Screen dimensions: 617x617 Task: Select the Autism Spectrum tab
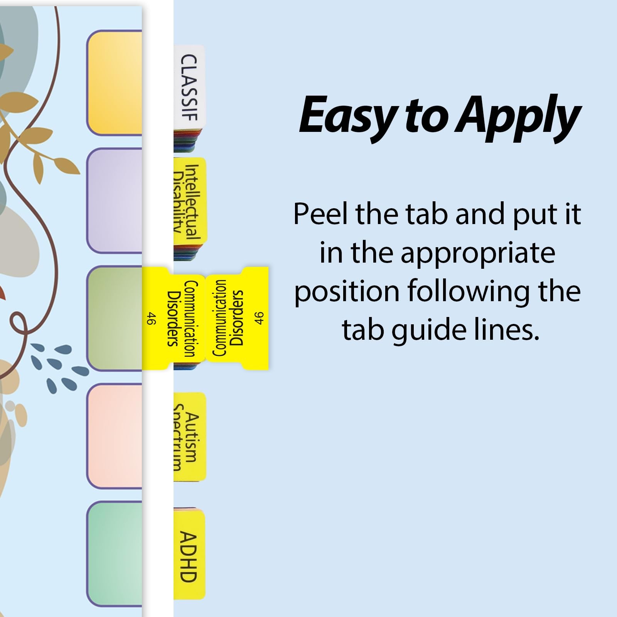coord(190,438)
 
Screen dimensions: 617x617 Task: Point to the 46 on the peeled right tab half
coord(259,318)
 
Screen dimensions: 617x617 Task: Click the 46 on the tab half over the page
coord(152,319)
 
